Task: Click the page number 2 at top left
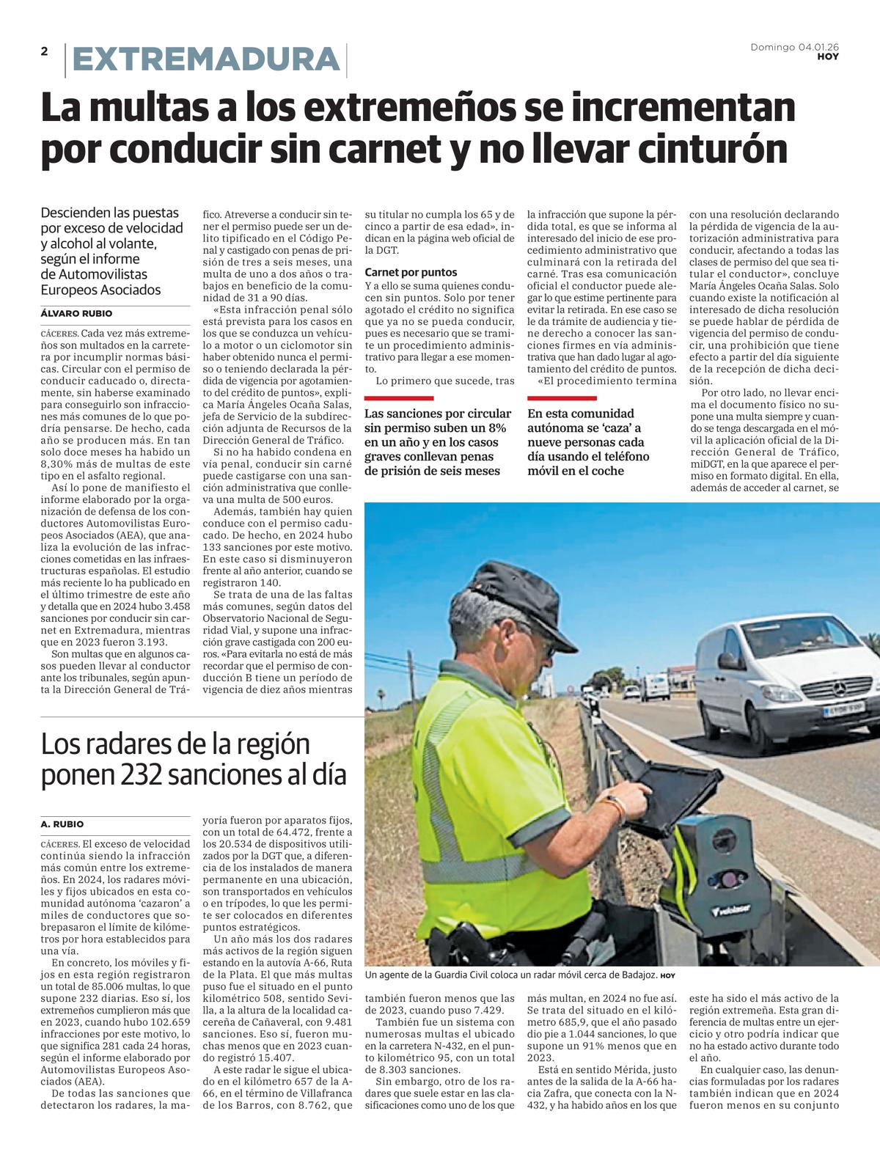(45, 51)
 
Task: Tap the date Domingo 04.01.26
(794, 47)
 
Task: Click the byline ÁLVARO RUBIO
(76, 314)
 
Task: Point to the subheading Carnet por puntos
(411, 272)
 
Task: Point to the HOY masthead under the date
(828, 56)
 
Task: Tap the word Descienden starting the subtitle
(76, 213)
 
